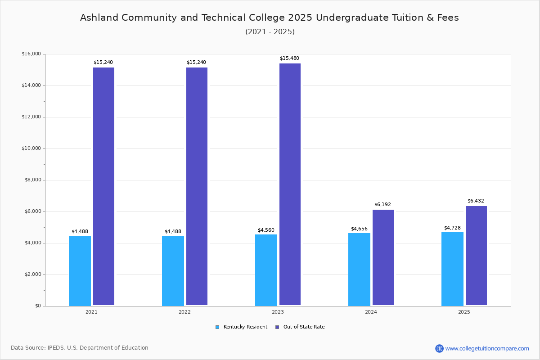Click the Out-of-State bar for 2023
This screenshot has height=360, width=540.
point(290,184)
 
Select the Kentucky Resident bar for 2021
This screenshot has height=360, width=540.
point(80,270)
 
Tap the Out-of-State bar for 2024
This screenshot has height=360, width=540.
point(383,257)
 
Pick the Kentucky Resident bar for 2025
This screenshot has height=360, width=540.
point(452,269)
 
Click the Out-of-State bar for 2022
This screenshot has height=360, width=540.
point(197,186)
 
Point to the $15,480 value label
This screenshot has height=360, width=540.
point(289,58)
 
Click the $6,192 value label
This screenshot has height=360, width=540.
point(382,205)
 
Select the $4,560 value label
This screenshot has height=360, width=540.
point(266,230)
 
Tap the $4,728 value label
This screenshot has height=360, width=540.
point(452,228)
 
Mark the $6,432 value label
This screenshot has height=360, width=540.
point(476,201)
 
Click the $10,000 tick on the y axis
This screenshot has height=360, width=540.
point(31,148)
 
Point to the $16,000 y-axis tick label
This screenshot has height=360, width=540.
point(31,54)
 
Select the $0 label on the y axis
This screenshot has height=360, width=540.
point(37,306)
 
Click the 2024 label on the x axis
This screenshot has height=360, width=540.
point(371,312)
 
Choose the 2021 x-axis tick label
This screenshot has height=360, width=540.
point(91,312)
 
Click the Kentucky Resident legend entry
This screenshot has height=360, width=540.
point(242,327)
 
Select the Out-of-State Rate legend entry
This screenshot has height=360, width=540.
point(300,327)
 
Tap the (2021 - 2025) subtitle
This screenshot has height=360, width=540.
point(270,31)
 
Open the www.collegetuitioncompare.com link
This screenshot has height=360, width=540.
point(487,348)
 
